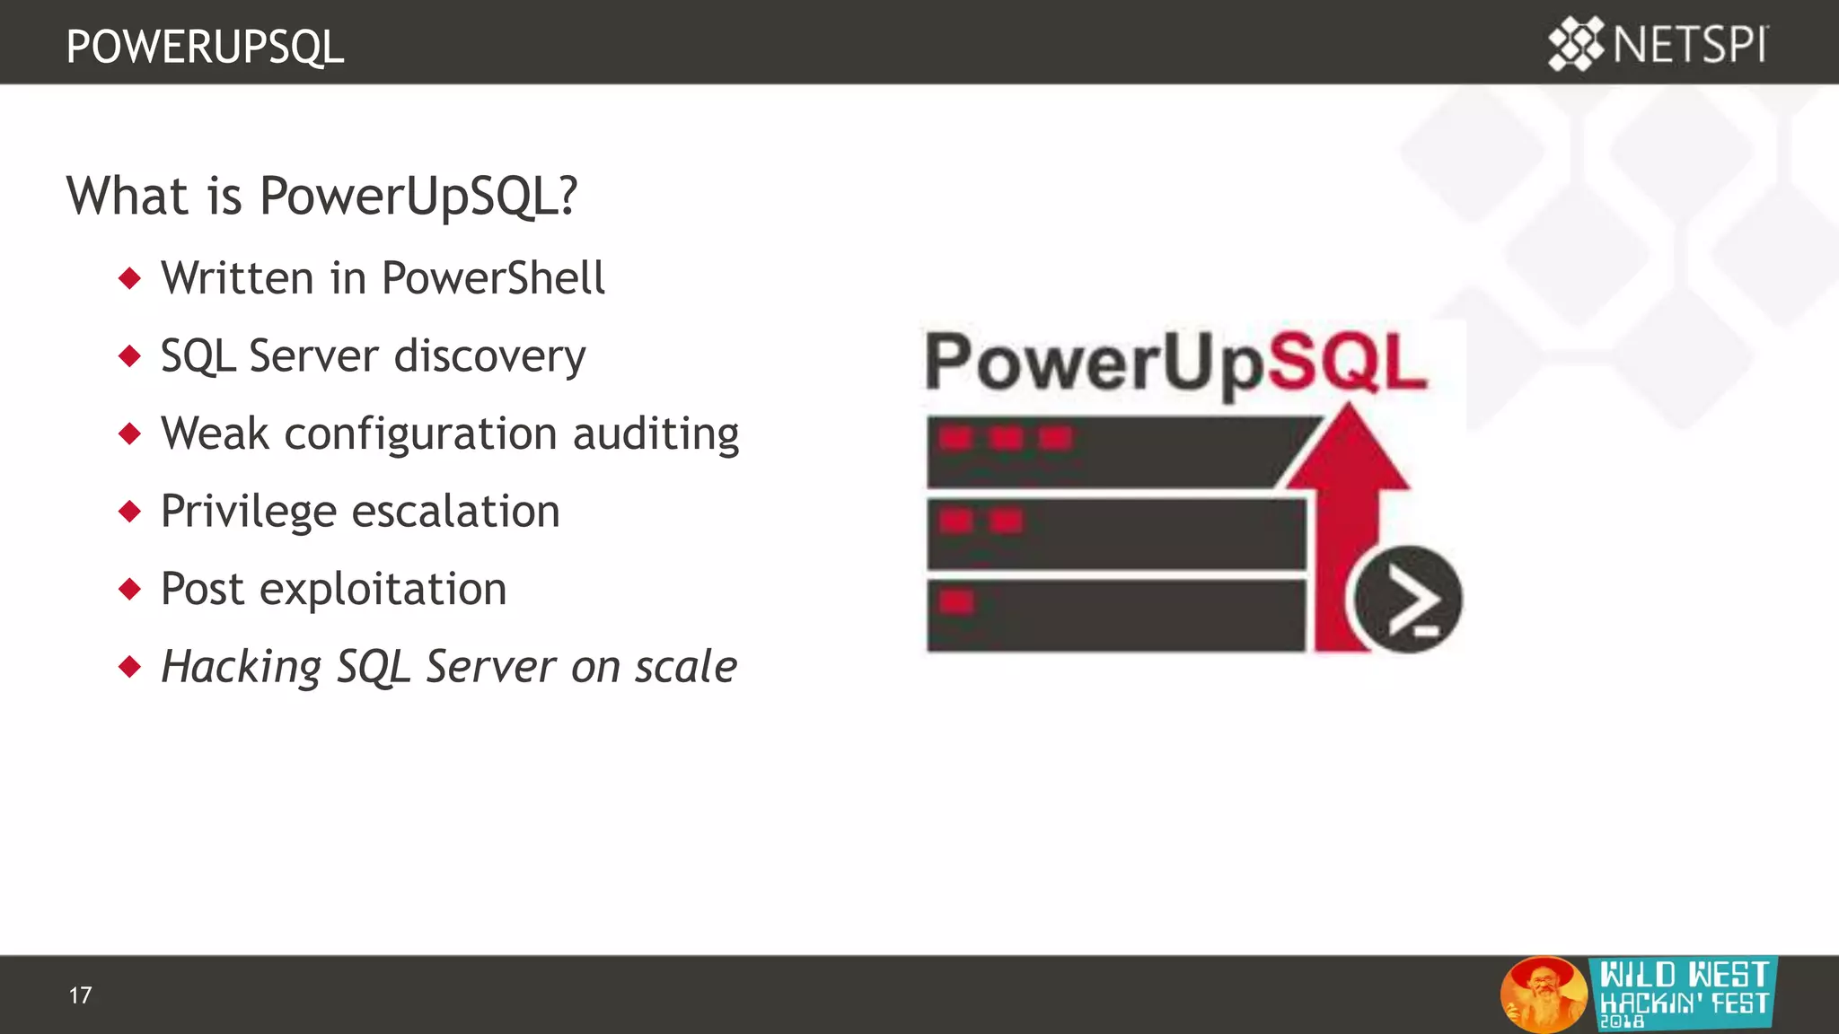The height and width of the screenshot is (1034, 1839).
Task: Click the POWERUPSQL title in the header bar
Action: coord(205,47)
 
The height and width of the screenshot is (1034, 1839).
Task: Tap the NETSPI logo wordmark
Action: coord(1690,45)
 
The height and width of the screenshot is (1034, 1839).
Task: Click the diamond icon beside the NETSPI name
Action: coord(1576,44)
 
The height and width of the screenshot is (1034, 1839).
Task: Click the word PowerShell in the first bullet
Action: coord(493,278)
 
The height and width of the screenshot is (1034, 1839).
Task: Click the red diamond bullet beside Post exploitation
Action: coord(130,590)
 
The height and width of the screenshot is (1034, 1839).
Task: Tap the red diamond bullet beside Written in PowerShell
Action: coord(130,278)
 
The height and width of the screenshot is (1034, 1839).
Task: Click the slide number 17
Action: coord(80,995)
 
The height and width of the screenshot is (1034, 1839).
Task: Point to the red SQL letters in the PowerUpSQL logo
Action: coord(1347,362)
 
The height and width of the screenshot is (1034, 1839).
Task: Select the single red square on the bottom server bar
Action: coord(956,600)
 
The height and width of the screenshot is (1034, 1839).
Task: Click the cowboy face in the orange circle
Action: coord(1543,993)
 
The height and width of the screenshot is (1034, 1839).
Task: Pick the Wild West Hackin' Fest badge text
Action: coord(1684,991)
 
